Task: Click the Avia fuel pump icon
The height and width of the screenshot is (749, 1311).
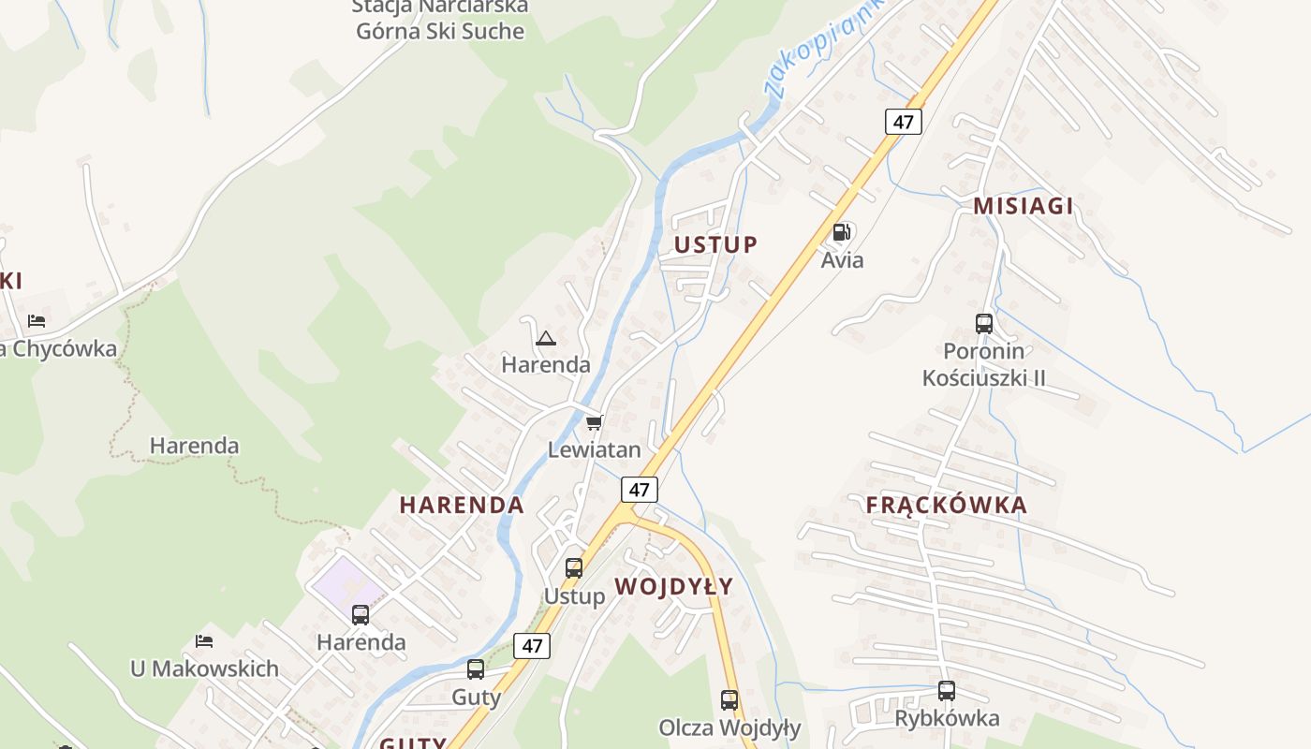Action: tap(842, 232)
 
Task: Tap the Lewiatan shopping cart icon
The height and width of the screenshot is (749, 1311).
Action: tap(594, 423)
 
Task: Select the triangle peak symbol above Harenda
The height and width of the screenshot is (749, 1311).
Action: tap(546, 337)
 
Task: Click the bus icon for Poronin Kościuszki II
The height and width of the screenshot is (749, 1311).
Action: tap(983, 324)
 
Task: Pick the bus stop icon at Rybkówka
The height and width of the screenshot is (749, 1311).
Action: tap(947, 691)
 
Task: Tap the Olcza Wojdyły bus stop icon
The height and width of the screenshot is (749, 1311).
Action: tap(729, 699)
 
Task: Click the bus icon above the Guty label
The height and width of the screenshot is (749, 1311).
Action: tap(476, 669)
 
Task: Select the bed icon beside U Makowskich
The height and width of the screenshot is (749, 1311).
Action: tap(204, 641)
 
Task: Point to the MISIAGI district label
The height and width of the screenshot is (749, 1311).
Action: tap(1023, 206)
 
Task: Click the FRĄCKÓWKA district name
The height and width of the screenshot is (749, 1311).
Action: tap(946, 506)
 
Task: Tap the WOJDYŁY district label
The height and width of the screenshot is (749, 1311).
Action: tap(674, 587)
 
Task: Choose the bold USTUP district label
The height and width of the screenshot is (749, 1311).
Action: tap(715, 245)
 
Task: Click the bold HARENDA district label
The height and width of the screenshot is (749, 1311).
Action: tap(462, 506)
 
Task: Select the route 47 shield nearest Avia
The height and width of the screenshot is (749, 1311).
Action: tap(903, 122)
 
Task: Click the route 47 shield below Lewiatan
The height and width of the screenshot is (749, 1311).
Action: tap(639, 490)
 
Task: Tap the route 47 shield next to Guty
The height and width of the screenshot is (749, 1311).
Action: tap(532, 645)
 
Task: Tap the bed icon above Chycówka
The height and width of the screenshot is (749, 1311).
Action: tap(37, 320)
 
